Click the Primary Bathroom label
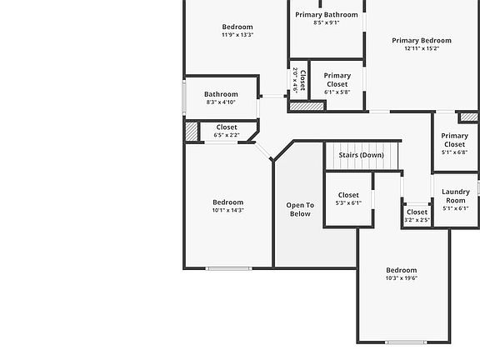coord(326,14)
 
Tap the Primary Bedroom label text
coord(422,40)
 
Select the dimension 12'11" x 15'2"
coord(422,48)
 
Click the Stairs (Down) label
coord(361,155)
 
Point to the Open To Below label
coord(300,209)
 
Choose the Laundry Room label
coord(455,196)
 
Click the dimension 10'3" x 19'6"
coord(401,278)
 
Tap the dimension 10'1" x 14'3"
coord(227,210)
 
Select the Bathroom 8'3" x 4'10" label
coord(221,94)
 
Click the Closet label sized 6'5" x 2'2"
coord(226,127)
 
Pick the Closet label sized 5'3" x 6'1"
coord(348,195)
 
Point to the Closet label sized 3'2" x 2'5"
coord(417,212)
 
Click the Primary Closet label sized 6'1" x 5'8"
coord(337,79)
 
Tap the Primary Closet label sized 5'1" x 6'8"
coord(454,140)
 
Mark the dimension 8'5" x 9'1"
coord(326,22)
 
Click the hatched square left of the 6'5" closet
coord(192,132)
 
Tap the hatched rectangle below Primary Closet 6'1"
coord(306,106)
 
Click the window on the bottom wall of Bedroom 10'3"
coord(406,342)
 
